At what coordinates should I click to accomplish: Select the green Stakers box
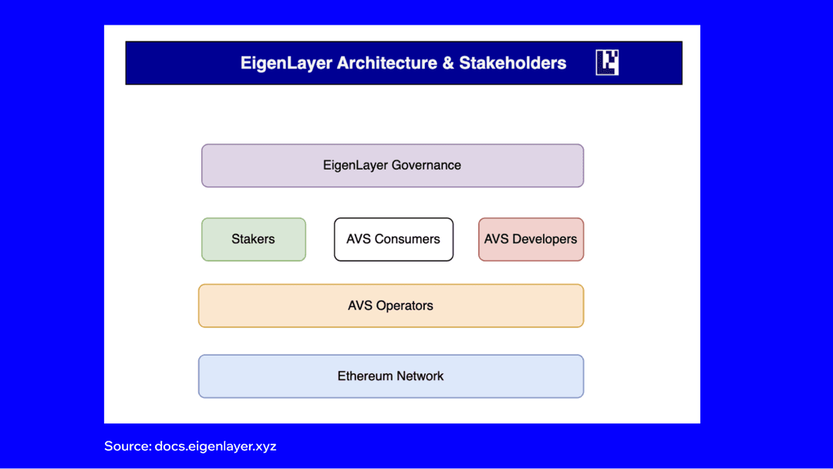click(x=253, y=239)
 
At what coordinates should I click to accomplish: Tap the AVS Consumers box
click(x=393, y=239)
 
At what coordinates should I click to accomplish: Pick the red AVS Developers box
click(x=531, y=239)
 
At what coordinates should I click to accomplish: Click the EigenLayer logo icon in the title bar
click(x=607, y=62)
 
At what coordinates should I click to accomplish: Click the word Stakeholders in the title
click(x=512, y=63)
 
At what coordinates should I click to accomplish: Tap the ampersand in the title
click(x=448, y=63)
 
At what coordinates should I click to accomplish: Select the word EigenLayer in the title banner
click(x=286, y=63)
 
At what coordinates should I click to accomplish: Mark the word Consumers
click(x=407, y=239)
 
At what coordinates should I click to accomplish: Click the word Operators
click(x=405, y=305)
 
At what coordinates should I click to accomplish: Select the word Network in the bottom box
click(x=420, y=376)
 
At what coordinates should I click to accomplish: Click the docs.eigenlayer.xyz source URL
click(x=215, y=446)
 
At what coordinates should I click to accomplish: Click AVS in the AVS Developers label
click(x=496, y=239)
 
